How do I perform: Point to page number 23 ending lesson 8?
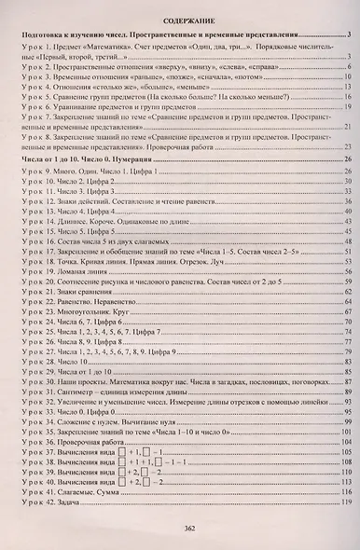pos(347,146)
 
